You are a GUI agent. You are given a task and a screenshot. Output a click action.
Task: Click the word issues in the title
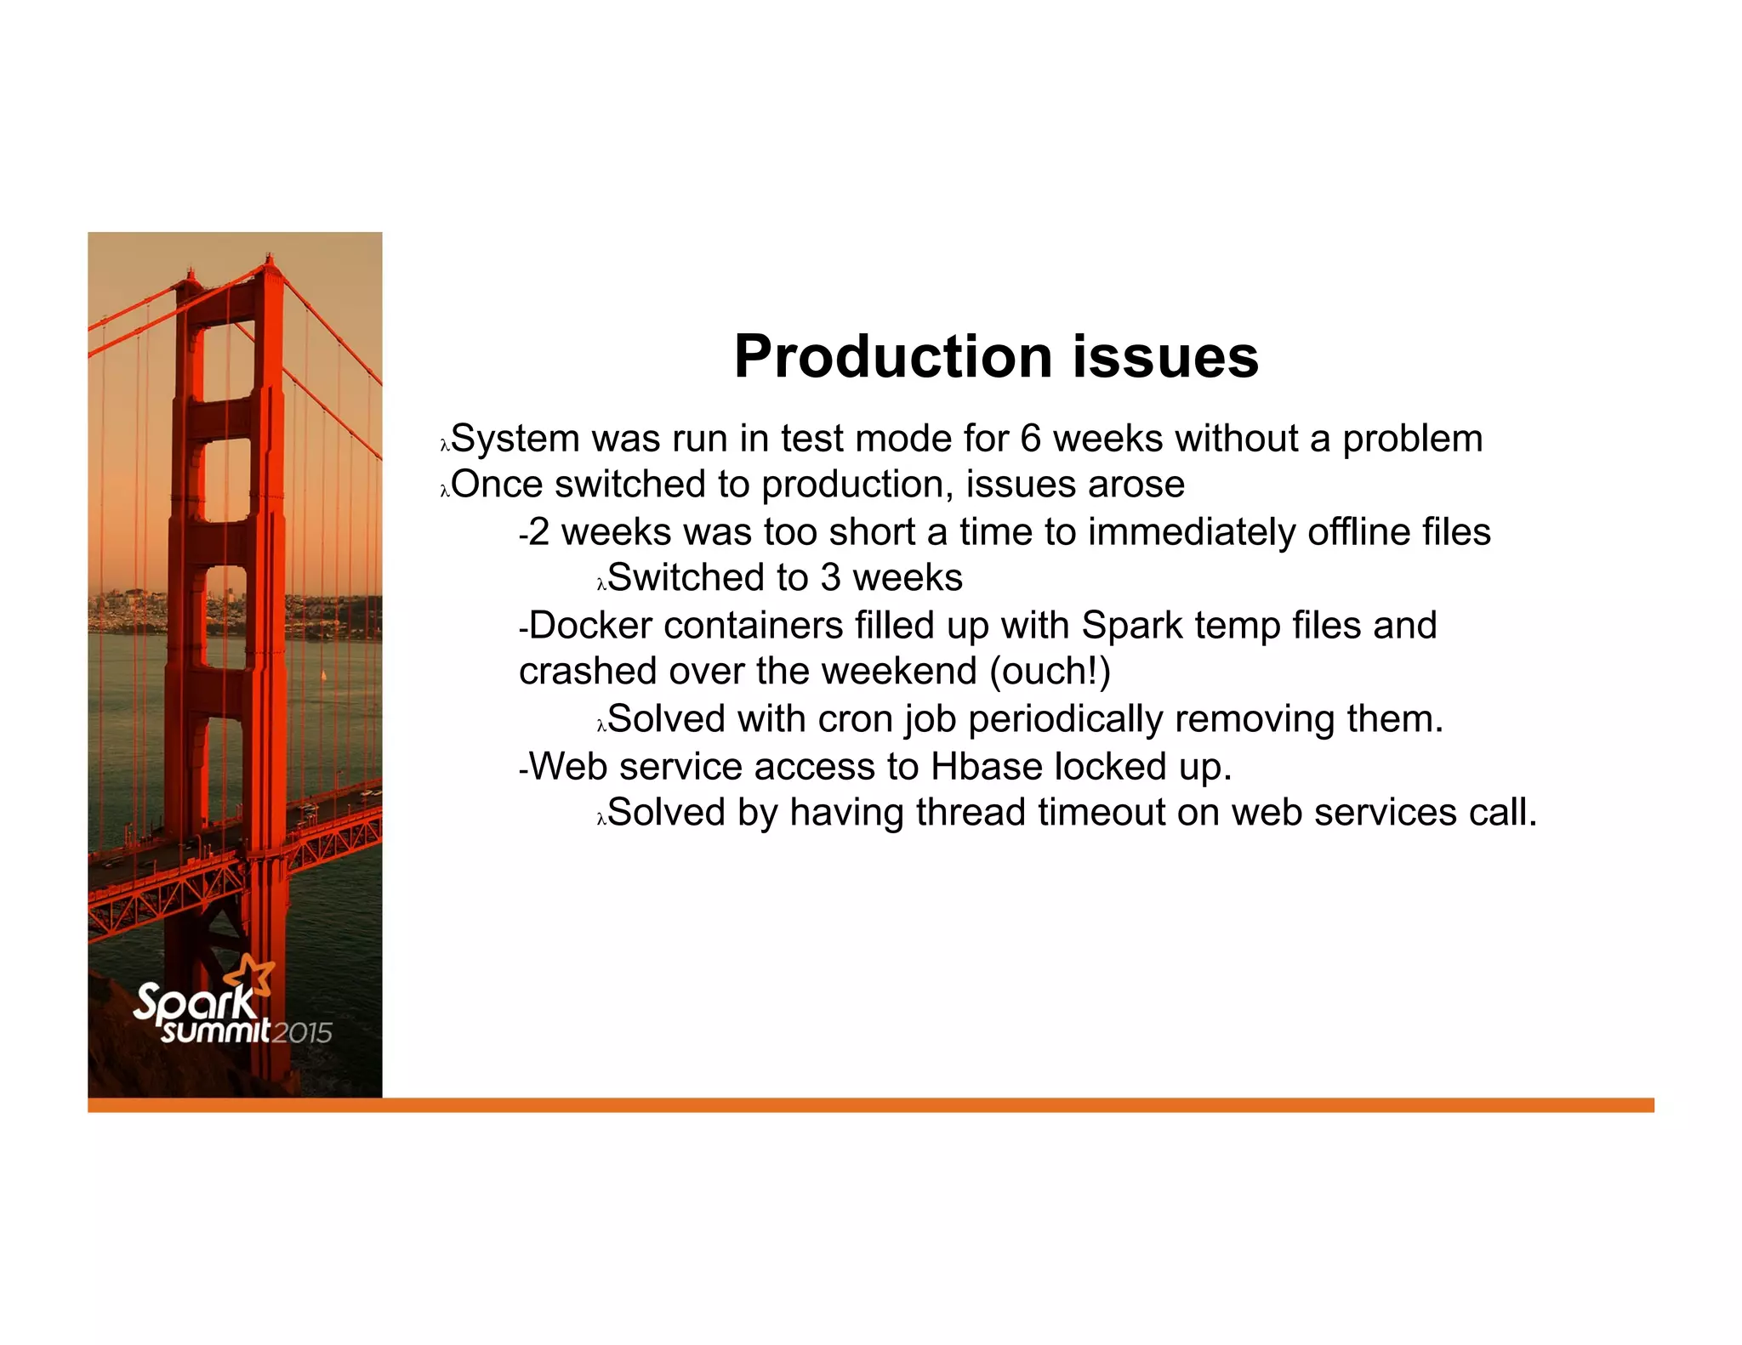tap(1165, 357)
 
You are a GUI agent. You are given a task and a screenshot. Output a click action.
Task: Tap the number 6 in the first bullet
tap(1030, 440)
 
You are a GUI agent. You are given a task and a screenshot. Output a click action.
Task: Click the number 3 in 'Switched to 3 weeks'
tap(830, 579)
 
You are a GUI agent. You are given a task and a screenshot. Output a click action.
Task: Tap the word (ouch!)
tap(1050, 672)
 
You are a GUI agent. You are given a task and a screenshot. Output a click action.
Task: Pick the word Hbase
tap(987, 768)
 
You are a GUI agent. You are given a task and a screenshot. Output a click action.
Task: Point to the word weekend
tap(900, 672)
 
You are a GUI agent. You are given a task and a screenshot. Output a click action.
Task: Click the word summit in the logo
tap(216, 1031)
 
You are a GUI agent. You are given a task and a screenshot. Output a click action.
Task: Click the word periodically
tap(1065, 720)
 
